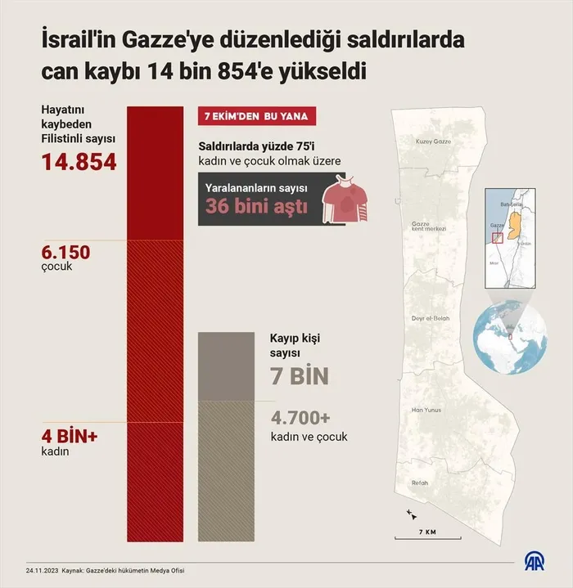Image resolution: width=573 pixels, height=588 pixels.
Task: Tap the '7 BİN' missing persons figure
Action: (x=299, y=377)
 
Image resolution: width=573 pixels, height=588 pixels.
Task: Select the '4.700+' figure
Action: (x=300, y=418)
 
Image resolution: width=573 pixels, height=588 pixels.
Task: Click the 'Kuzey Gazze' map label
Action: (x=434, y=141)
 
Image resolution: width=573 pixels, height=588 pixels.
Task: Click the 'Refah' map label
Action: (x=420, y=483)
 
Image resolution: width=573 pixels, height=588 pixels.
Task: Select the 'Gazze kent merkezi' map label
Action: (x=428, y=226)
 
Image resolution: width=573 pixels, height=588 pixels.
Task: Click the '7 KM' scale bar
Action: (x=425, y=535)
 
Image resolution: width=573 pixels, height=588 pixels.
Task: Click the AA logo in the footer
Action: (x=536, y=563)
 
